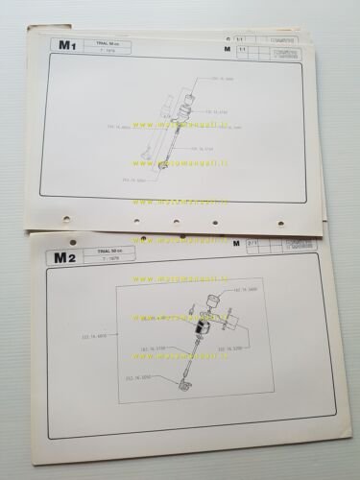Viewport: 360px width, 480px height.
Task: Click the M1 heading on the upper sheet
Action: click(66, 44)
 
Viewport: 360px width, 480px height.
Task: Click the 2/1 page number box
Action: click(253, 244)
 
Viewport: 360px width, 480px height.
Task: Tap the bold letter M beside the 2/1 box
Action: click(235, 245)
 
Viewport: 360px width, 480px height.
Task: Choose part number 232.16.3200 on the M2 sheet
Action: click(235, 348)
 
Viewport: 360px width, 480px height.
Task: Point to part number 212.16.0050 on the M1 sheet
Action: click(138, 180)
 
